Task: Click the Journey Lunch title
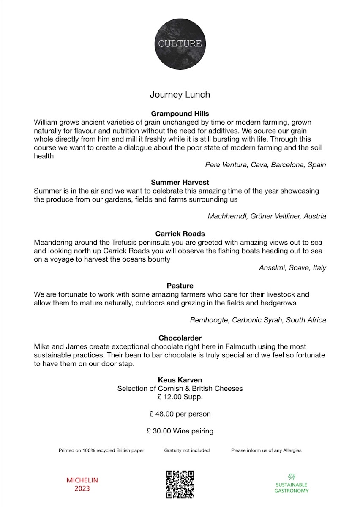(180, 95)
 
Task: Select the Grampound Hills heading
(180, 114)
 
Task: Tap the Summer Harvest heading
(180, 183)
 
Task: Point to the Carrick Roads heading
(180, 234)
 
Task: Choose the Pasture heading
(180, 286)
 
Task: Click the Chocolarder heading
(180, 338)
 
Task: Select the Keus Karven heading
(180, 380)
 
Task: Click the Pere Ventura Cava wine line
(265, 165)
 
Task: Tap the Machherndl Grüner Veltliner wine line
(267, 216)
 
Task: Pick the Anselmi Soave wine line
(292, 268)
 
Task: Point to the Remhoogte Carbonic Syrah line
(258, 320)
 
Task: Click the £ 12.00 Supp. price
(180, 397)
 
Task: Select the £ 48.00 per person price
(180, 414)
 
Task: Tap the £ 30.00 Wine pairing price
(180, 431)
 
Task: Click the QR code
(180, 484)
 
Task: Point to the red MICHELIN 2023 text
(82, 485)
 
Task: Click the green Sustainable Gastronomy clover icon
(291, 477)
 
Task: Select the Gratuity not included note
(187, 450)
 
